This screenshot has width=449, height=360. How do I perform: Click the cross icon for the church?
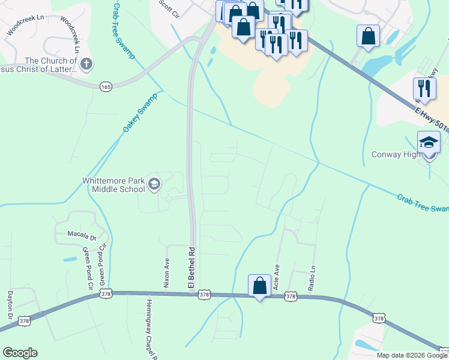[x=86, y=64]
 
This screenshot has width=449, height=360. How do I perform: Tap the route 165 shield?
[x=106, y=87]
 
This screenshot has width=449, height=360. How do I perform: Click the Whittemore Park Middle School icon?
[x=154, y=185]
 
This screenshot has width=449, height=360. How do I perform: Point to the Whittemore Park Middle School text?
[x=113, y=185]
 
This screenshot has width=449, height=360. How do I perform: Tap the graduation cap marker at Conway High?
[x=429, y=145]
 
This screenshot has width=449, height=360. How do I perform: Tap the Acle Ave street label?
[x=277, y=277]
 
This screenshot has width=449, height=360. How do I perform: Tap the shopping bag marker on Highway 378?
[x=259, y=286]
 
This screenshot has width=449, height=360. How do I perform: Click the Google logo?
[x=20, y=353]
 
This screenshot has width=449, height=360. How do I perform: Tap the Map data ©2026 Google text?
[x=412, y=355]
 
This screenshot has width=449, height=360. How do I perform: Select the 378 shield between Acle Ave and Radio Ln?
[x=291, y=296]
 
